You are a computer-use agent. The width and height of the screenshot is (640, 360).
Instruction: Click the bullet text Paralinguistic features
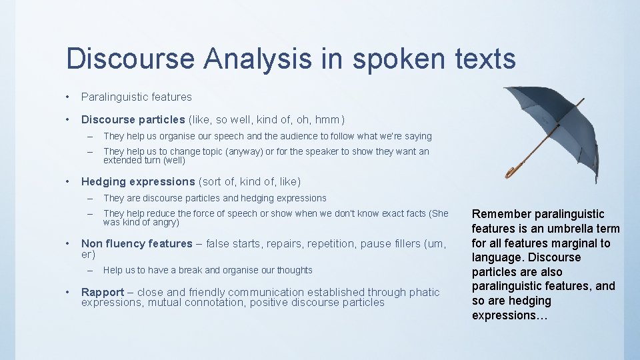click(136, 97)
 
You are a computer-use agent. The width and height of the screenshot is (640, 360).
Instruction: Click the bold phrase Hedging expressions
click(138, 181)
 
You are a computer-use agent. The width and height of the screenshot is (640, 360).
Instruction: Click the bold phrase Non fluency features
click(137, 243)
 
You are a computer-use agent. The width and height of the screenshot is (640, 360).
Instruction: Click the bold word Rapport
click(103, 292)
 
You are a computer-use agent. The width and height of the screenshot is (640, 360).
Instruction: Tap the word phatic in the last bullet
click(425, 292)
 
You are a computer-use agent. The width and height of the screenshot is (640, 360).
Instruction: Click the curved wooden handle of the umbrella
click(512, 173)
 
